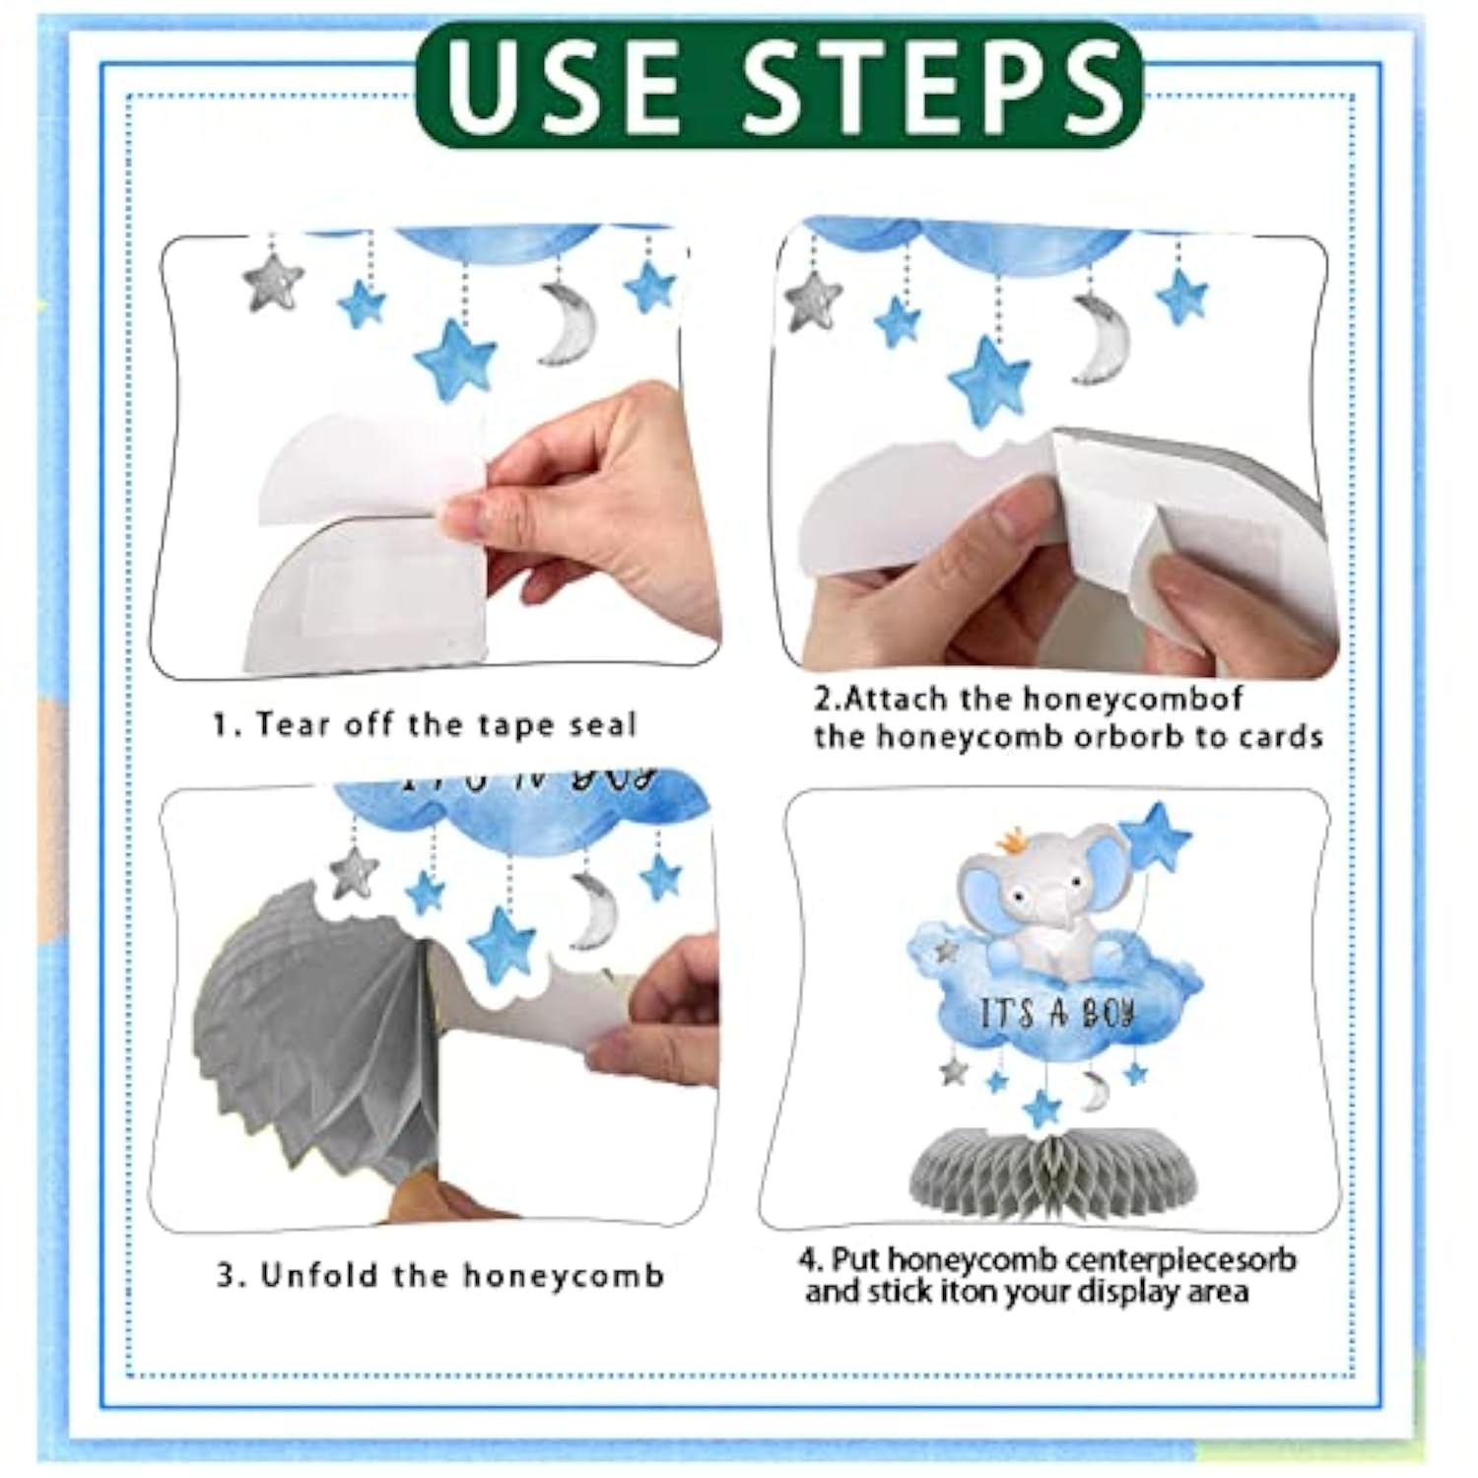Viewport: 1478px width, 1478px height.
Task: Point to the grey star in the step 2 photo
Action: click(814, 297)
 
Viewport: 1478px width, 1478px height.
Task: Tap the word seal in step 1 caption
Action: click(602, 725)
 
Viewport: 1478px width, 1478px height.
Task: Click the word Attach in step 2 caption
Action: click(899, 699)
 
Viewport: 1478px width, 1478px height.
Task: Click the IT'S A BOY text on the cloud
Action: click(1057, 1014)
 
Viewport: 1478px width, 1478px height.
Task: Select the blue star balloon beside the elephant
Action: click(1157, 838)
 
